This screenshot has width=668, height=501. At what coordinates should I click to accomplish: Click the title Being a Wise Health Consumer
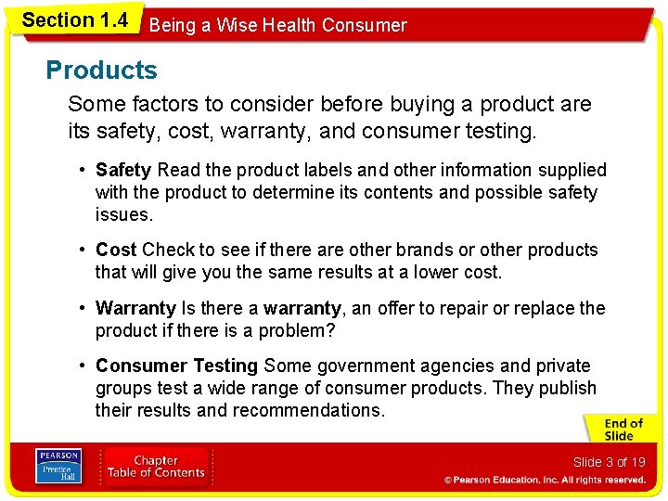277,26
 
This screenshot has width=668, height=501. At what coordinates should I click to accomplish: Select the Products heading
101,71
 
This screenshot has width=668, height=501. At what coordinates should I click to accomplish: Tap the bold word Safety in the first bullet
123,170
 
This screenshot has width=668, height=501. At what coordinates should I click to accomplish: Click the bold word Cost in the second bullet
116,250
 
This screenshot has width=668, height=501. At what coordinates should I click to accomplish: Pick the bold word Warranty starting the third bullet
135,308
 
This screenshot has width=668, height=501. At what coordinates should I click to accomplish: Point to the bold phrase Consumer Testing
176,366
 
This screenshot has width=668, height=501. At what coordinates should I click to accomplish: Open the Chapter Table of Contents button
156,467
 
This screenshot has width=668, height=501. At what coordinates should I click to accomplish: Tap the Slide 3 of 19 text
609,462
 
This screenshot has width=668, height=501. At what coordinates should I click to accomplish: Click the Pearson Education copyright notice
545,480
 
